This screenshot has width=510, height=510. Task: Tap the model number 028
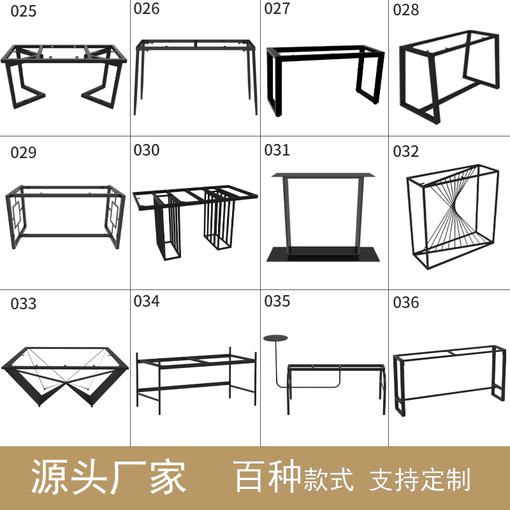tap(406, 10)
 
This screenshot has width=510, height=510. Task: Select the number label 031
tap(277, 150)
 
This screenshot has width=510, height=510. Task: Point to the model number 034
tap(147, 301)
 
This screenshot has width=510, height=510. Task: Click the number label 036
tap(406, 302)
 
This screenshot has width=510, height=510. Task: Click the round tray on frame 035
tap(275, 338)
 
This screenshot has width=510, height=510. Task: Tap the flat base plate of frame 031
tap(323, 255)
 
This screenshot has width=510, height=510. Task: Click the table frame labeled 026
tap(195, 73)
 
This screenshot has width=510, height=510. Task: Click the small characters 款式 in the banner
tap(328, 480)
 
